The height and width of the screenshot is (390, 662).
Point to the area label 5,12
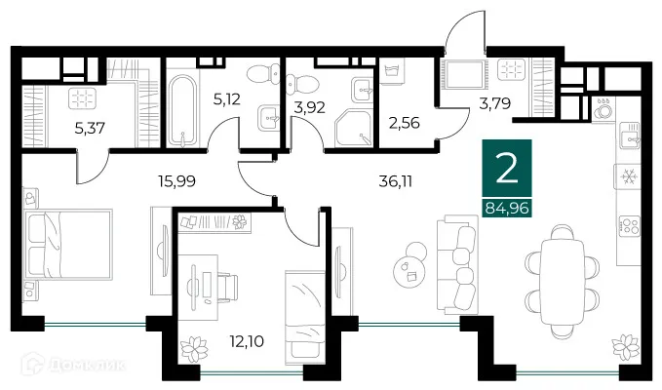pos(225,98)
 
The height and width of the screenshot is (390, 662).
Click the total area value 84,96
pos(507,205)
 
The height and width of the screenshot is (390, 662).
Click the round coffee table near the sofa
pos(408,267)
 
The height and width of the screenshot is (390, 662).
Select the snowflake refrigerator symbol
pos(626,177)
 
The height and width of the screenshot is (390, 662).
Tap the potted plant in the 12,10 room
pos(195,348)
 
